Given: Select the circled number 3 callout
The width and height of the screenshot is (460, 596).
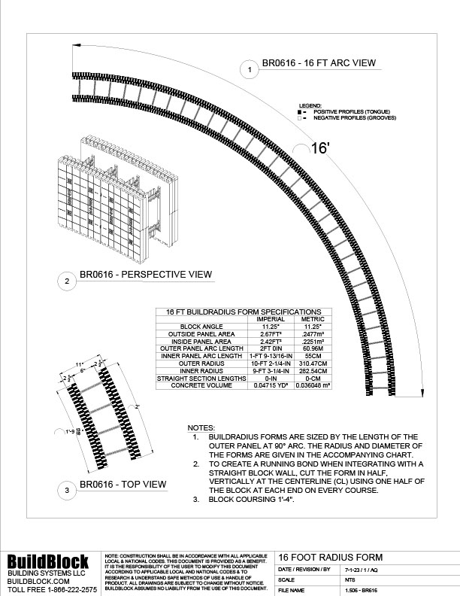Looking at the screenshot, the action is pos(67,491).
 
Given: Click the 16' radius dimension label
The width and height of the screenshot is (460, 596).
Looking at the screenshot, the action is pos(321,148).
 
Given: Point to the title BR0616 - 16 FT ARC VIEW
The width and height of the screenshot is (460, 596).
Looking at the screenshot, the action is pos(318,63).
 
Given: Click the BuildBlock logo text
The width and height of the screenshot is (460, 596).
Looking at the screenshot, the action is pos(48,561).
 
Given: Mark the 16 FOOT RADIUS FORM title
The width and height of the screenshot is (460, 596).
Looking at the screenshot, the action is pos(320,557).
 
